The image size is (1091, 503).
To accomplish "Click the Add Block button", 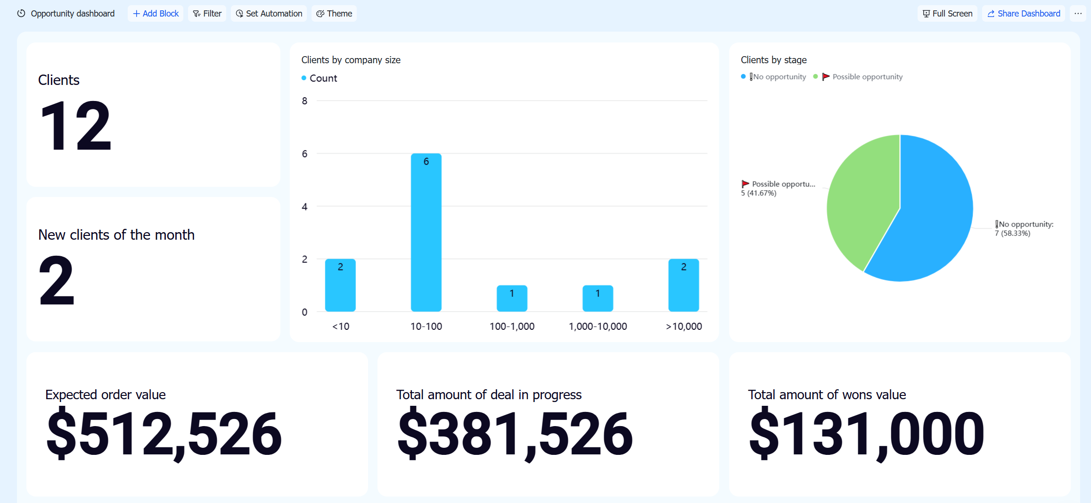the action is [x=156, y=14].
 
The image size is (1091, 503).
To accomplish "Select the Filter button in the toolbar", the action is [x=207, y=14].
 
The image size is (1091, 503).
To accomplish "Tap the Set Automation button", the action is [x=269, y=14].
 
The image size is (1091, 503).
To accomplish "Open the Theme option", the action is [x=334, y=14].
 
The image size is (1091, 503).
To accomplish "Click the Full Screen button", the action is [x=947, y=14].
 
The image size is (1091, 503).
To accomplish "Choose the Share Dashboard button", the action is [x=1024, y=14].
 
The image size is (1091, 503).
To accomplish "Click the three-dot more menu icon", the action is [x=1078, y=14].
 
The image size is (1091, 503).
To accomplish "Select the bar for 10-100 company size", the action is [x=426, y=232].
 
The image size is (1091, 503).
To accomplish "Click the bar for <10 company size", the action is [x=340, y=285].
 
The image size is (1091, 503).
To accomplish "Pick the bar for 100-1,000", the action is [x=512, y=298].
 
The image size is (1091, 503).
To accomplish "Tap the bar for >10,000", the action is [x=683, y=285].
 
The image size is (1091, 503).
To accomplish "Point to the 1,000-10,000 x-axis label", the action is [x=598, y=327].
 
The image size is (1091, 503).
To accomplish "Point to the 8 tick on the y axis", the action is [x=304, y=101].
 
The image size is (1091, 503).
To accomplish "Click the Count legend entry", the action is [x=319, y=78].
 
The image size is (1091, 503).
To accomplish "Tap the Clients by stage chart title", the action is [x=773, y=60].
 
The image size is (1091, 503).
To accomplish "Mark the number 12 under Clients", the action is [x=75, y=126].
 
